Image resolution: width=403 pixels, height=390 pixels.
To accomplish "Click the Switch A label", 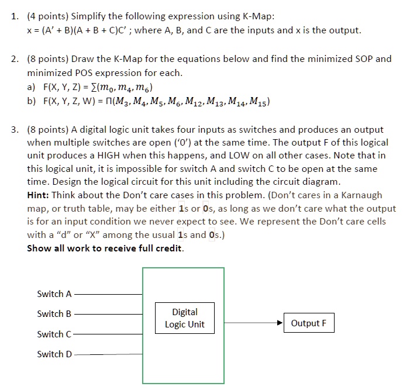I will point(54,294).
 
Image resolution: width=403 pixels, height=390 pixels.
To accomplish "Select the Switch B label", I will point(54,313).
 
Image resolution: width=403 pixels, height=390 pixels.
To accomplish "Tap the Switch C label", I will point(54,334).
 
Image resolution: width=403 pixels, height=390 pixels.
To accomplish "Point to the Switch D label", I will point(54,354).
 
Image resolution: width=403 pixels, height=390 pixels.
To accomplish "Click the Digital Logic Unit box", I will point(185,318).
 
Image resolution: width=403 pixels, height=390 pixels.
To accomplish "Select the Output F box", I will point(308,323).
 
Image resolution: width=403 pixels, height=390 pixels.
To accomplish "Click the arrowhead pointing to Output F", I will point(279,323).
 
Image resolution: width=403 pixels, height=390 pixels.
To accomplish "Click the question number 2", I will point(15,59).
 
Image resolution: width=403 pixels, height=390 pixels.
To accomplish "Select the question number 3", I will point(15,129).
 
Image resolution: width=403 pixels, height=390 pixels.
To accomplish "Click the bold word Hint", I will point(40,195).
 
